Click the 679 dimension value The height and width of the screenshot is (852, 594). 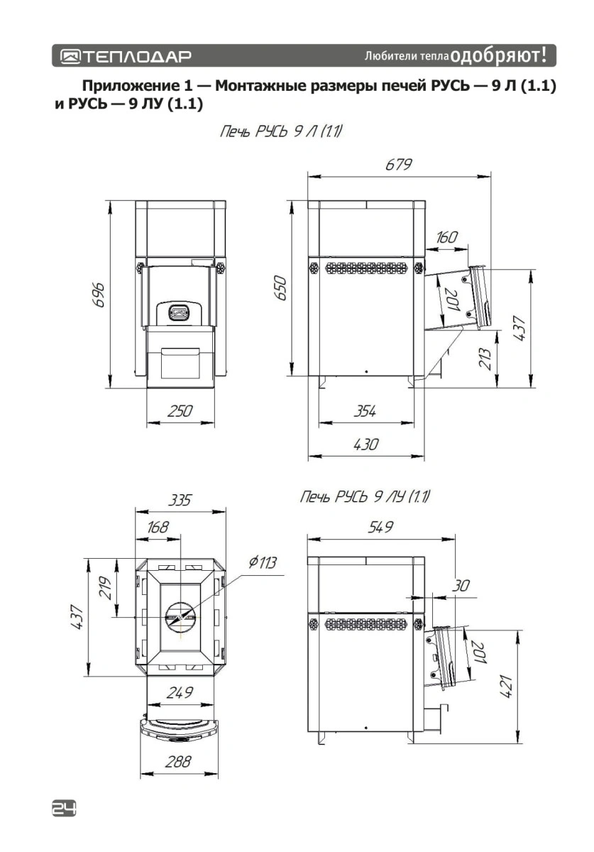tap(399, 165)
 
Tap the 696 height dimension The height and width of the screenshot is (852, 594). tap(99, 295)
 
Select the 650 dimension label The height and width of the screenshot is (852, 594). tap(281, 288)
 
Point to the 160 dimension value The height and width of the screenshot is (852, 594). tap(446, 237)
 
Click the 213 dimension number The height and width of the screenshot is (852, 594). tap(485, 359)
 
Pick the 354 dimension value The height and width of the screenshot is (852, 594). tap(365, 412)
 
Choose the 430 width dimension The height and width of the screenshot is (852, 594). tap(365, 444)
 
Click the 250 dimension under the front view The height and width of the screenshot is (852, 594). tap(180, 411)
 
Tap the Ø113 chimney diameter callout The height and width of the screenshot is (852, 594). tap(263, 562)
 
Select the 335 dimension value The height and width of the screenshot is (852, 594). tap(180, 500)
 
